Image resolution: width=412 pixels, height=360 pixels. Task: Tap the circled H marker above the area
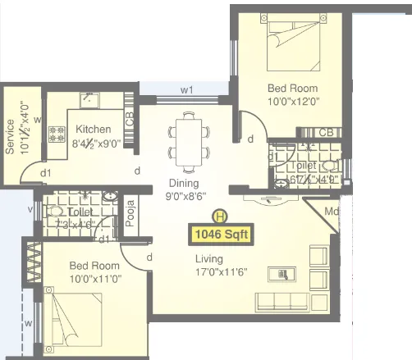(x=219, y=217)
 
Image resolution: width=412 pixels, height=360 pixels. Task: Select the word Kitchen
(x=94, y=130)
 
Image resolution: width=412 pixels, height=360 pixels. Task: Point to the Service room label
(x=11, y=136)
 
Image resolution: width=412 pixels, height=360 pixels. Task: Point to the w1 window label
(x=186, y=90)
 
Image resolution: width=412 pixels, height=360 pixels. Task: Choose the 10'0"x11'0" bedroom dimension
(x=94, y=279)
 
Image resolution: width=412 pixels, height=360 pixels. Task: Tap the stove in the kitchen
(x=57, y=130)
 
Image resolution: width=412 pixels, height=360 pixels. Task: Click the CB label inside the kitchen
(x=130, y=120)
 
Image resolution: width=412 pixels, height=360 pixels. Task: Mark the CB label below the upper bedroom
(x=326, y=132)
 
